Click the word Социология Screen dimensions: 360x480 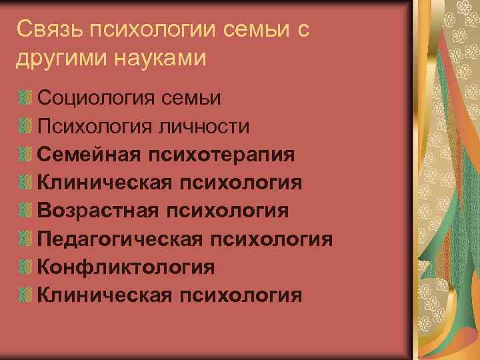pyautogui.click(x=94, y=99)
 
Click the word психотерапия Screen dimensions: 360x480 pyautogui.click(x=221, y=155)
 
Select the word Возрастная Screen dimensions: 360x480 pyautogui.click(x=98, y=211)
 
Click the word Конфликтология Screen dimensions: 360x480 pyautogui.click(x=126, y=267)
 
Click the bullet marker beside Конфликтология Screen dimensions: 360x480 pyautogui.click(x=25, y=267)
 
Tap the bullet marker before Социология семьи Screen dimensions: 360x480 pyautogui.click(x=25, y=99)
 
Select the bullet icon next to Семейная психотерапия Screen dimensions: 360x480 pyautogui.click(x=25, y=155)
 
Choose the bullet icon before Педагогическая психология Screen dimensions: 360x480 pyautogui.click(x=25, y=239)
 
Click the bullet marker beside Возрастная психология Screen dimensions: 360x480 pyautogui.click(x=25, y=211)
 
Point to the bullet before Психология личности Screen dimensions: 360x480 pyautogui.click(x=25, y=127)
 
